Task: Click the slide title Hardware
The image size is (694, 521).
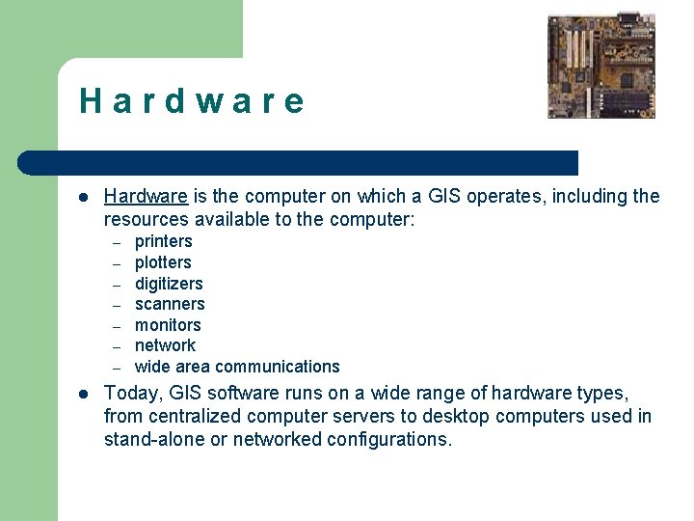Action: tap(192, 101)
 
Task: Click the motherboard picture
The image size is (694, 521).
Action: tap(601, 66)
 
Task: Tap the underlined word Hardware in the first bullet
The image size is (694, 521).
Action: tap(146, 197)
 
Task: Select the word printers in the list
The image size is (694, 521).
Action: tap(163, 241)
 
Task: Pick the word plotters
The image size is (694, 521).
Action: tap(163, 262)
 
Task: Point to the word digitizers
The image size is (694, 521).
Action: tap(169, 284)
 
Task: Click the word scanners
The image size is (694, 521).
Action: tap(170, 304)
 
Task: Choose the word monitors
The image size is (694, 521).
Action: tap(168, 325)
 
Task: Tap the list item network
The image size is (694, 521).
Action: tap(165, 345)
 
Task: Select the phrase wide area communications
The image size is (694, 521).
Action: tap(237, 367)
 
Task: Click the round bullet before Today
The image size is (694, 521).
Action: tap(84, 394)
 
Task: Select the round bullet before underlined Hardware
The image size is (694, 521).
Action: tap(84, 197)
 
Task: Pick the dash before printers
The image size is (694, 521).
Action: tap(115, 242)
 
